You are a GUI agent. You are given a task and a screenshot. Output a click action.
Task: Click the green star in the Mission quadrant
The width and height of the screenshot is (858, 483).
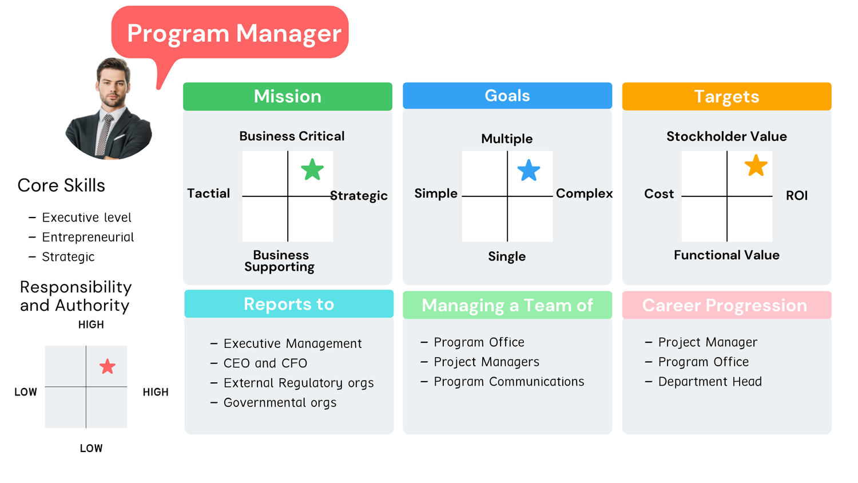[312, 170]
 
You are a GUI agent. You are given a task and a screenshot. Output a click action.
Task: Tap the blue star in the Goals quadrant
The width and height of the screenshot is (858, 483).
[529, 171]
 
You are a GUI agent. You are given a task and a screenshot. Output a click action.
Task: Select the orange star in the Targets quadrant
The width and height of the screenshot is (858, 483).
[756, 166]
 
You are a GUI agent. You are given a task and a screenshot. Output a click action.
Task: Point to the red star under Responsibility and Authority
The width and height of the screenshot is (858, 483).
[108, 366]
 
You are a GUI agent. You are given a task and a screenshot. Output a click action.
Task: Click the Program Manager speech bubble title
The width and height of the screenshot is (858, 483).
[234, 33]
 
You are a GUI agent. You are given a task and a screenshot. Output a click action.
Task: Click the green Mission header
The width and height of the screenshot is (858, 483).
[288, 96]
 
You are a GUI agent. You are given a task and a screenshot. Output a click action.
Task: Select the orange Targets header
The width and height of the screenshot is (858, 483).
[726, 96]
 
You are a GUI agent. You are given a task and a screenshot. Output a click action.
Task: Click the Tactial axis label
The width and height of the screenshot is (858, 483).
[208, 193]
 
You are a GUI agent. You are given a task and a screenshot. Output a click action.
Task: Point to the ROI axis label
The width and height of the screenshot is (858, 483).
[796, 195]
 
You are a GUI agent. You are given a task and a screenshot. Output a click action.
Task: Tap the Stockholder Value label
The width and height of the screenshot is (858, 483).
[726, 136]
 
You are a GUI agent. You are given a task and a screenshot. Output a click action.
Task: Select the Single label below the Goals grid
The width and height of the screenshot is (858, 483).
[507, 256]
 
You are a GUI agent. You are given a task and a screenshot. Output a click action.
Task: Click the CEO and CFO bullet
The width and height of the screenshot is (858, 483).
[265, 363]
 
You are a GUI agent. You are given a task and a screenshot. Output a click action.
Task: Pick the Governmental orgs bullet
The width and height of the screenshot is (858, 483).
[280, 402]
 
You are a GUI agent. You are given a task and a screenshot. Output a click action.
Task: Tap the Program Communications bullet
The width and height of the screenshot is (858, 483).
[509, 381]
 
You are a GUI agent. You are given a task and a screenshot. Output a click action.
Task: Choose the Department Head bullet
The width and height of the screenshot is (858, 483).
[709, 381]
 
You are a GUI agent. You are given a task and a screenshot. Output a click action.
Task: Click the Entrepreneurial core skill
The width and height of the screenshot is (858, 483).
[88, 237]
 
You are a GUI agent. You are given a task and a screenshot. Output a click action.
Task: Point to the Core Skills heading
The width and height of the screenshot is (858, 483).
[61, 185]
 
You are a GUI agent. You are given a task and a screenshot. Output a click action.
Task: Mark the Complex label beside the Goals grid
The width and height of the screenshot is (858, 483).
[584, 193]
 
